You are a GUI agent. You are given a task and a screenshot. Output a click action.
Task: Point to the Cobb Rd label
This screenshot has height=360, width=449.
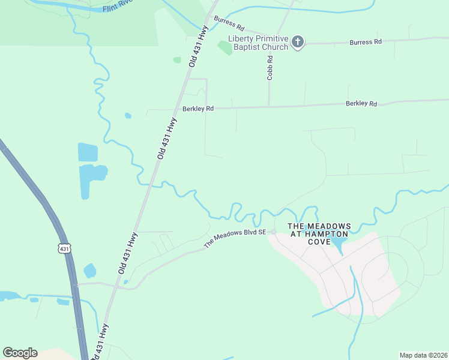point(270,68)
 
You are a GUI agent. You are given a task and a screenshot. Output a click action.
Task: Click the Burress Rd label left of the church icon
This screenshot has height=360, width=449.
point(229,28)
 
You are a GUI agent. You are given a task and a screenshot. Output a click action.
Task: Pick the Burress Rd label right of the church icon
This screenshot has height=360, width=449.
point(366,42)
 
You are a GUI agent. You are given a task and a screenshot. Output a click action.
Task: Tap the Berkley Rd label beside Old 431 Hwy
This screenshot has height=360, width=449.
point(198,109)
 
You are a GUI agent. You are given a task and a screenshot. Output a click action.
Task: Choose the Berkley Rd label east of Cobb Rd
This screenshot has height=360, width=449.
point(361,104)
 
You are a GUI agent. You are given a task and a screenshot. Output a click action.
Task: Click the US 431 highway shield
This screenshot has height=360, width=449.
point(65,248)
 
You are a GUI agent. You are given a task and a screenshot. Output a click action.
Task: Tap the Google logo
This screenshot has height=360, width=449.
point(20,353)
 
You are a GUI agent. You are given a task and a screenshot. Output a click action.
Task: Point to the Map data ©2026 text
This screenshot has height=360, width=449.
point(423,355)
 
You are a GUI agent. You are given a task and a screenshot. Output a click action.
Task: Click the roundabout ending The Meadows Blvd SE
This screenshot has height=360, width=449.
point(273,232)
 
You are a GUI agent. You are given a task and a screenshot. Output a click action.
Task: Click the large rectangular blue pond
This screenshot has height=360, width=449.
point(88,152)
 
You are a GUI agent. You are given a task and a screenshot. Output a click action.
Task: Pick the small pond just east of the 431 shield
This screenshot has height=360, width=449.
point(89,271)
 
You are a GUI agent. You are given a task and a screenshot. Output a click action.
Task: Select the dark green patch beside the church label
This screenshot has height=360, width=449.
point(224,48)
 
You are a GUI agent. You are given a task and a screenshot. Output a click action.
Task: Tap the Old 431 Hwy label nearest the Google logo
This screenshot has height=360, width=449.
point(101,341)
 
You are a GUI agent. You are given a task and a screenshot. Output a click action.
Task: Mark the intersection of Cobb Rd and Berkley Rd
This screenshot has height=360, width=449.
point(269,107)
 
